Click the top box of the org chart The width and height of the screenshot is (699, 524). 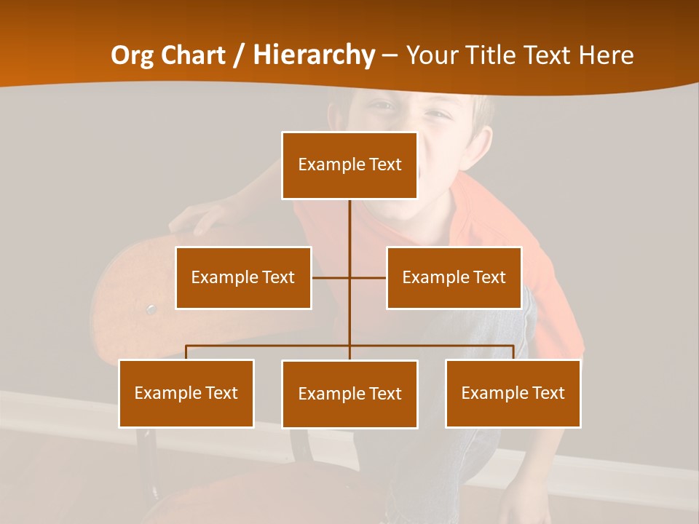(349, 165)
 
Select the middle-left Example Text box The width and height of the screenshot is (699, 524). (243, 277)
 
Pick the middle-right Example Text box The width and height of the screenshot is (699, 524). (454, 277)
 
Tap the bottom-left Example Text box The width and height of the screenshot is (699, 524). (186, 393)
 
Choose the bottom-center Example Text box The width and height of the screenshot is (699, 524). (349, 394)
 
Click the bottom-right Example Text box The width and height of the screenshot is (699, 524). (513, 393)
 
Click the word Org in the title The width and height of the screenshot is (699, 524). (133, 55)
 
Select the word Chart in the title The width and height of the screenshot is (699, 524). (194, 55)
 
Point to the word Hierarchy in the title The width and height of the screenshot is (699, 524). (314, 55)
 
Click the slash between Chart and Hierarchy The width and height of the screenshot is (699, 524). (239, 55)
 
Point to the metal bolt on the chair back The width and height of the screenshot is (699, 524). (151, 309)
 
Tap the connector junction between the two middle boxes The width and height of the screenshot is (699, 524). (349, 277)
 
